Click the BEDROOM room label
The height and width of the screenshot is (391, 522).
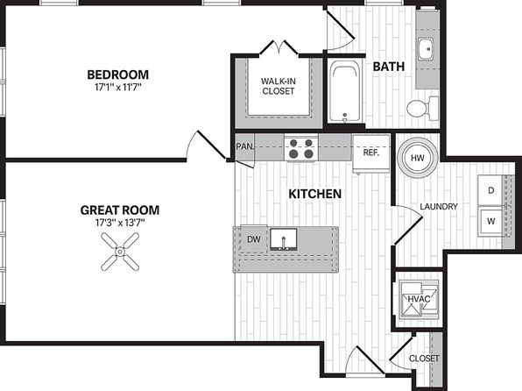coord(118,75)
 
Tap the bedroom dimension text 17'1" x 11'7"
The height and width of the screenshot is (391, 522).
coord(118,88)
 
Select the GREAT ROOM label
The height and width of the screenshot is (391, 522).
coord(120,210)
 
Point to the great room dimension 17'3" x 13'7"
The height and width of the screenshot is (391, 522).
coord(120,223)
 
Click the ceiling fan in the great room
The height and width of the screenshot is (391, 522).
coord(120,252)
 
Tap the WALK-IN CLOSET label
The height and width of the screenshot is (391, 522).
coord(278,86)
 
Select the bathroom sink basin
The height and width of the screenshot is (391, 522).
coord(426,49)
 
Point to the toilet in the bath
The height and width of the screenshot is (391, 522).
coord(422,109)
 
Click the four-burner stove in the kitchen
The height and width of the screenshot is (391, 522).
coord(301,148)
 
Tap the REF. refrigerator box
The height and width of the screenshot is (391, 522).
coord(370,153)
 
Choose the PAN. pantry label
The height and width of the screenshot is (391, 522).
coord(245,146)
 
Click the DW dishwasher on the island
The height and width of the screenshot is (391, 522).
coord(254,239)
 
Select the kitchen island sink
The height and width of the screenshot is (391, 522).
coord(283,239)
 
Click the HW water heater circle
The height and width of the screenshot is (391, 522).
coord(417,158)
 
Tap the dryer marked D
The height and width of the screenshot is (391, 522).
coord(490,190)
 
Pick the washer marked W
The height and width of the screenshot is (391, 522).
coord(490,221)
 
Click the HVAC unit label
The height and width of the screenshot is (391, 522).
coord(419,299)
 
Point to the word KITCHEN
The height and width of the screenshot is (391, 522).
coord(315,194)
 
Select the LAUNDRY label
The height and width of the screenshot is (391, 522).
coord(439,207)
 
